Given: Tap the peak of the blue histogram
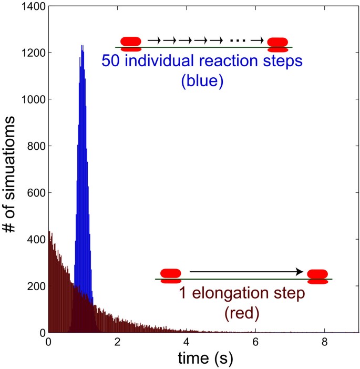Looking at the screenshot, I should (82, 46).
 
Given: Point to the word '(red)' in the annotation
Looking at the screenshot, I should (242, 313).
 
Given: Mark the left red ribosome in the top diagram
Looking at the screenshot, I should (131, 43).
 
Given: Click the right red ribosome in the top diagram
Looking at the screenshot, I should (277, 44).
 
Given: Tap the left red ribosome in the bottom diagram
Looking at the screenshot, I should (170, 275).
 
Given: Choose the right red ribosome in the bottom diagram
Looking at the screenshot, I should (317, 276).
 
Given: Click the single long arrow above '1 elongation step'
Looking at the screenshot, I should (246, 272).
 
